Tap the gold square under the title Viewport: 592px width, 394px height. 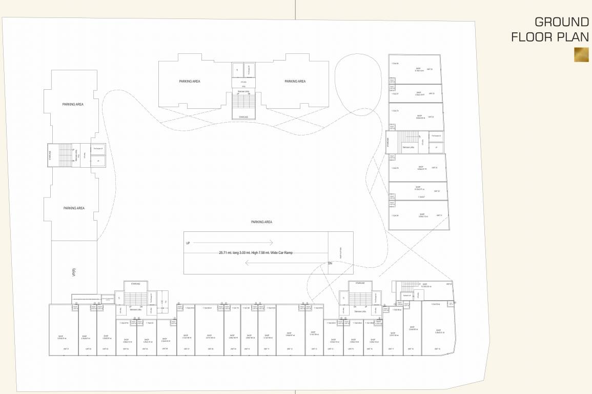[581, 54]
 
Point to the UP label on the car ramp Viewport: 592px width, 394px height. [188, 243]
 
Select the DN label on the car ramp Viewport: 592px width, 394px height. [331, 263]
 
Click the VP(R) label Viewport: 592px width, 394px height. [74, 272]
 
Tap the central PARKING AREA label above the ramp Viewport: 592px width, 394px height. [261, 222]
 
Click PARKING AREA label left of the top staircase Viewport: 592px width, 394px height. [189, 82]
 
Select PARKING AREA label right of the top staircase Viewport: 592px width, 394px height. [295, 82]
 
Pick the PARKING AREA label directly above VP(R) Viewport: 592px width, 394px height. [74, 208]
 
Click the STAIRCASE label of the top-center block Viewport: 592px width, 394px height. [243, 117]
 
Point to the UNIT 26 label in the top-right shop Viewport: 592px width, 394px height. [430, 69]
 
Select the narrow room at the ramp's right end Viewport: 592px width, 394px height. [340, 252]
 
